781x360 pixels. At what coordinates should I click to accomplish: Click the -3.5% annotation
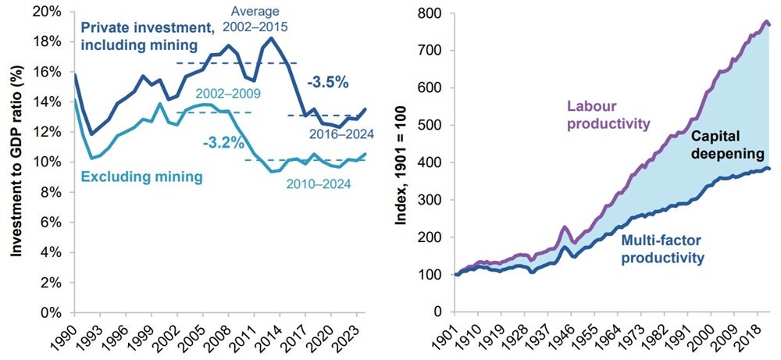(328, 82)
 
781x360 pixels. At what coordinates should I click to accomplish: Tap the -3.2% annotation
(223, 144)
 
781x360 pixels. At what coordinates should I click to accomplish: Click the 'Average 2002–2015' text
(252, 20)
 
